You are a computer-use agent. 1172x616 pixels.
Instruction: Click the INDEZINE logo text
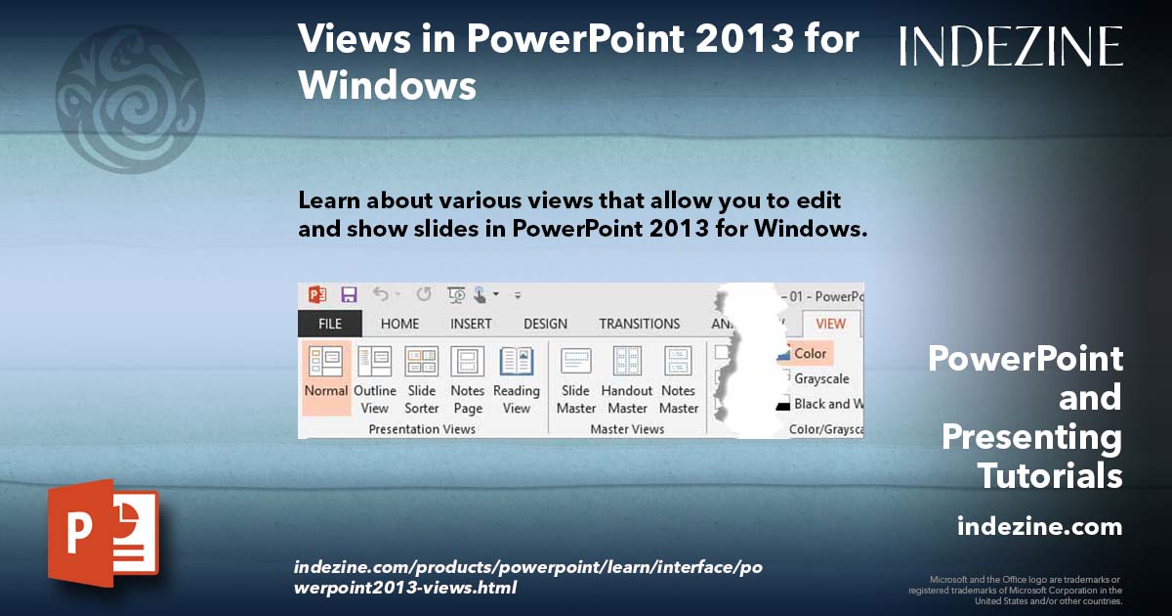point(1011,46)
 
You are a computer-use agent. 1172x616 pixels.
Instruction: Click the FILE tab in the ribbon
point(329,324)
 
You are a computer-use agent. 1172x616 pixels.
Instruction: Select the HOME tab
point(399,324)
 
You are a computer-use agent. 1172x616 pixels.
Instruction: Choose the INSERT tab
point(471,324)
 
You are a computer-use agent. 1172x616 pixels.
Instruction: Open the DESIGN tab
point(545,324)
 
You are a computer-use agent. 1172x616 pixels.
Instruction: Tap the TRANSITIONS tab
point(639,324)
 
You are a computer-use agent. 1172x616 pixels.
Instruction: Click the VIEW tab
point(830,324)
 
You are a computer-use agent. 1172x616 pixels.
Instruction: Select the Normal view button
point(325,377)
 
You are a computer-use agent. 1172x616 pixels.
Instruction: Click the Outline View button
point(374,377)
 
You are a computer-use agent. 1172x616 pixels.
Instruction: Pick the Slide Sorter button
point(422,377)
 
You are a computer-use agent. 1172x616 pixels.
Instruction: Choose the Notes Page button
point(468,377)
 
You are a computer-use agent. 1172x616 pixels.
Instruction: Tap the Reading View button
point(517,377)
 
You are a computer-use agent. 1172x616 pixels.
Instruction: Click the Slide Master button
point(576,377)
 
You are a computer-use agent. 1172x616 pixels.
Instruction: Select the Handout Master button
point(627,377)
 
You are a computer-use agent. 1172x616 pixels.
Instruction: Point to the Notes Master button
point(679,377)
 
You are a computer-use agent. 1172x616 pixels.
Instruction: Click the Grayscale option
point(820,378)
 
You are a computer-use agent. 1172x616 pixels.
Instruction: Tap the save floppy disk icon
point(349,294)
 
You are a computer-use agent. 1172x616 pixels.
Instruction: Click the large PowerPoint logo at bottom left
point(103,533)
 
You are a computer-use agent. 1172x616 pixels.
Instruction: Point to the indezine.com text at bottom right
point(1039,527)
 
